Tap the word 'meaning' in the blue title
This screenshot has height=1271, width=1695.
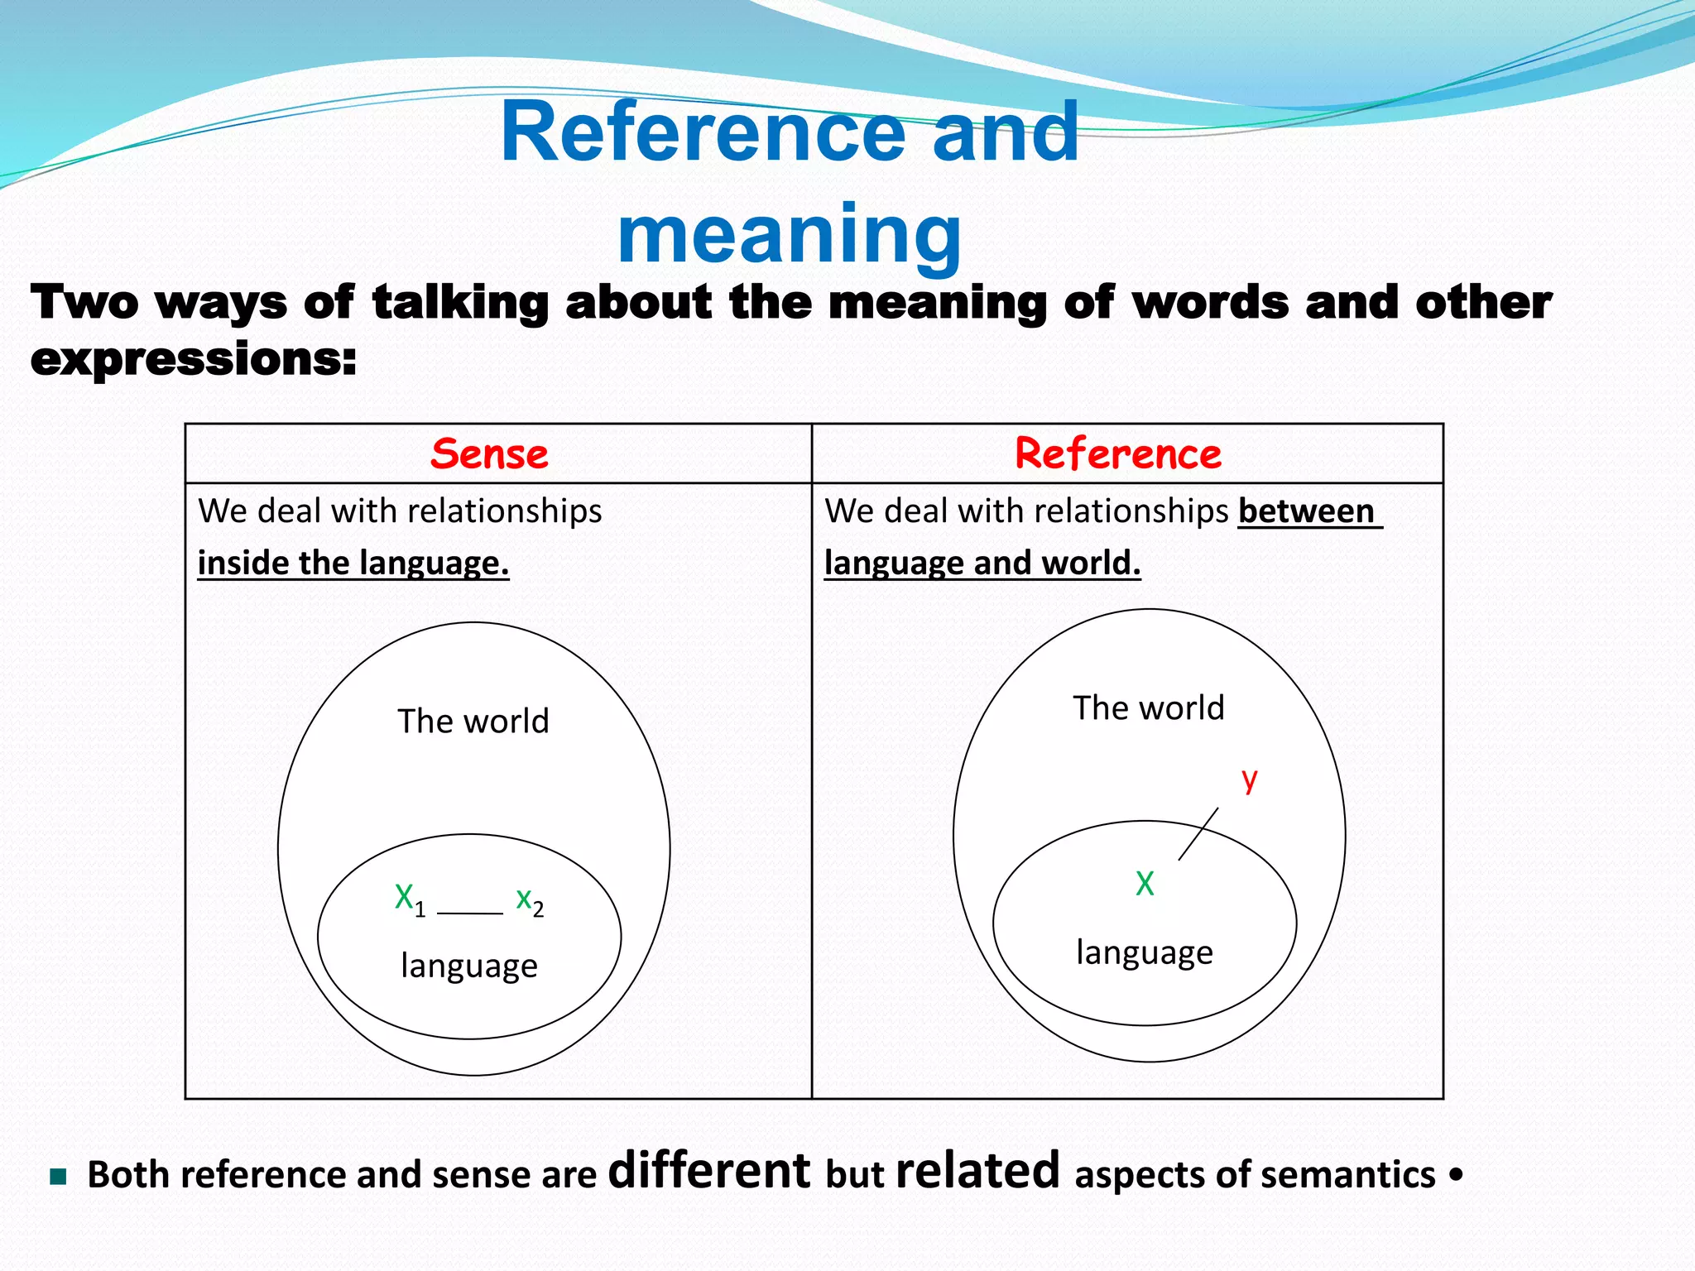[790, 233]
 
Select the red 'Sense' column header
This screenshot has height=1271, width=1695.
[489, 454]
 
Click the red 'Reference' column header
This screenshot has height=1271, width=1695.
[1118, 454]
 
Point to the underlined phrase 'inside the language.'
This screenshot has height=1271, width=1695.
[353, 564]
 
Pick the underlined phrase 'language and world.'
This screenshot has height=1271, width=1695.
[982, 564]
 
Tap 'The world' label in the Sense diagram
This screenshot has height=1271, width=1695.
[473, 722]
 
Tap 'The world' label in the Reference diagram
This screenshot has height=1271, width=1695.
[1149, 708]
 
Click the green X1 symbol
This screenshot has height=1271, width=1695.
[407, 899]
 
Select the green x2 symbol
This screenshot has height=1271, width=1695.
[529, 900]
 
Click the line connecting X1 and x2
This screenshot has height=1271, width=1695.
[470, 914]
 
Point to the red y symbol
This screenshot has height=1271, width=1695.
[1250, 779]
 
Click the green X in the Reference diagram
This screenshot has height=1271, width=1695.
[1145, 884]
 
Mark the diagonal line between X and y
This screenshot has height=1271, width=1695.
[1198, 834]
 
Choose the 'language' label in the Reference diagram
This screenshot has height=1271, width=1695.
[1145, 953]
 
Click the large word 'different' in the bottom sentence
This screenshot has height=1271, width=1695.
[709, 1171]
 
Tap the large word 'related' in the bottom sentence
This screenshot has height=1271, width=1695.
[977, 1171]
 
